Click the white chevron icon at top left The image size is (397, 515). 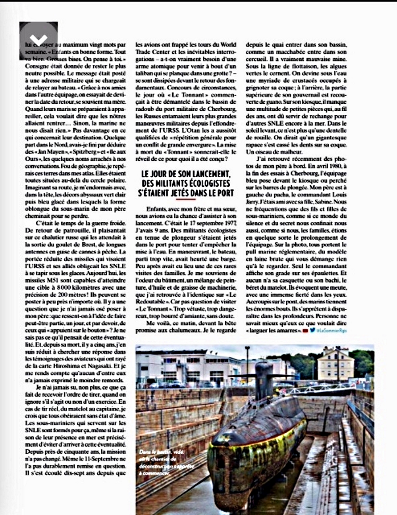pyautogui.click(x=39, y=39)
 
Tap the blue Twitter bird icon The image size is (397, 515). pyautogui.click(x=312, y=330)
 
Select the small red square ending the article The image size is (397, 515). pyautogui.click(x=305, y=330)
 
